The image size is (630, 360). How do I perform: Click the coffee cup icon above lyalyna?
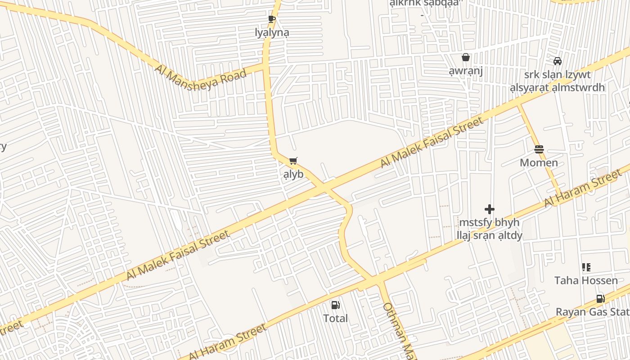click(x=271, y=19)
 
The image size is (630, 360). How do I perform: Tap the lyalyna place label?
click(x=272, y=32)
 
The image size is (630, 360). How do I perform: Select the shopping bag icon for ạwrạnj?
click(x=466, y=57)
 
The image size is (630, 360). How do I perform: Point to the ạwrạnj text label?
click(x=466, y=71)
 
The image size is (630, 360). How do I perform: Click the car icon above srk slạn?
click(x=558, y=61)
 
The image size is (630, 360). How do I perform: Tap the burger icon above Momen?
click(x=539, y=149)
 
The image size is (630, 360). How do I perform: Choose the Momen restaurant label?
click(x=539, y=162)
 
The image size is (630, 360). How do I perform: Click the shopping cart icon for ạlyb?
click(x=293, y=161)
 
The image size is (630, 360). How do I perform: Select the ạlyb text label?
click(x=293, y=174)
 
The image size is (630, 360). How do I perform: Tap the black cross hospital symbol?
click(x=489, y=209)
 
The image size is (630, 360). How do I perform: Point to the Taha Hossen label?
click(x=586, y=280)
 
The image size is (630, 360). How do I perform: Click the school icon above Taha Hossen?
click(x=586, y=267)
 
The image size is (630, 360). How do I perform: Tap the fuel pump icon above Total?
click(x=335, y=305)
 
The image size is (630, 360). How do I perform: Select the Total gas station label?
click(x=335, y=318)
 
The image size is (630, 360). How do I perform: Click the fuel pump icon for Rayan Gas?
click(x=600, y=298)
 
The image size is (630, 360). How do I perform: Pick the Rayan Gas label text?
click(x=592, y=312)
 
